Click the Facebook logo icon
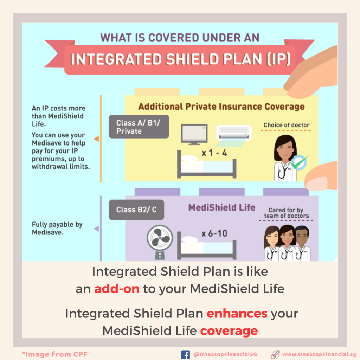[186, 354]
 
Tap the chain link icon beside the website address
[275, 354]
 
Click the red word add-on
[117, 289]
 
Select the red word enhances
[237, 313]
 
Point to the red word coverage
[229, 331]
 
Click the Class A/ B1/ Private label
[139, 127]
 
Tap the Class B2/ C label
[136, 210]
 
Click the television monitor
[194, 134]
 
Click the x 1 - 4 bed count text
[214, 153]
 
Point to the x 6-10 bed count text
[214, 233]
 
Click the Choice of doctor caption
[286, 125]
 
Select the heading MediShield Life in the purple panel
[222, 207]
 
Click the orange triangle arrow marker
[96, 139]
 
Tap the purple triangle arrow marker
[96, 229]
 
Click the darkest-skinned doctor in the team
[302, 243]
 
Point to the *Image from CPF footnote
[55, 354]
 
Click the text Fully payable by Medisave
[57, 228]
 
